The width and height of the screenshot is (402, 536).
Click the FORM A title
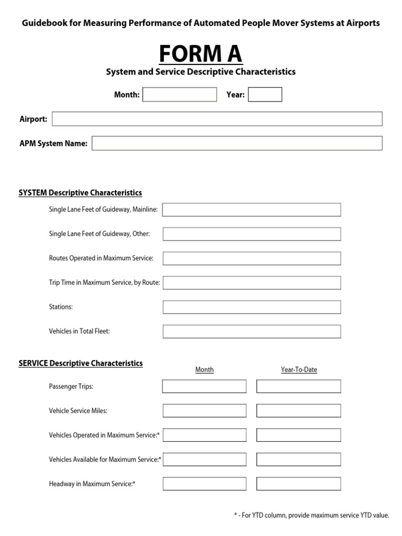(x=200, y=53)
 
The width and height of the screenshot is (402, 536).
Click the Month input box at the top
(x=180, y=95)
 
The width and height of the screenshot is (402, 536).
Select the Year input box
(x=265, y=95)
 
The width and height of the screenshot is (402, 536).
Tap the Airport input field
(x=217, y=119)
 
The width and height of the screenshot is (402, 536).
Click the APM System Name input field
(x=237, y=143)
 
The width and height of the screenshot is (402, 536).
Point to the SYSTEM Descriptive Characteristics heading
(x=80, y=193)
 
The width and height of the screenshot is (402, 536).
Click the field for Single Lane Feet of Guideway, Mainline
(x=251, y=210)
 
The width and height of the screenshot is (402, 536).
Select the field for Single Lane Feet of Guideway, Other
(x=251, y=234)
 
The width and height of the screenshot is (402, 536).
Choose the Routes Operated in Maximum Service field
(x=251, y=259)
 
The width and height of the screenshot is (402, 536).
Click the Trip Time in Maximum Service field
(x=251, y=283)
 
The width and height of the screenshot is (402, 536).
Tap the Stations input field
(x=251, y=307)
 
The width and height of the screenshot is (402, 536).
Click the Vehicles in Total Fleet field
(x=251, y=331)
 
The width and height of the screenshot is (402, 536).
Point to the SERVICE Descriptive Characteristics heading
(x=81, y=363)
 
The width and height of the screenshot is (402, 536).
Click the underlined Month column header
(x=204, y=370)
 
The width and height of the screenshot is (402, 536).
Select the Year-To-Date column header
(x=299, y=370)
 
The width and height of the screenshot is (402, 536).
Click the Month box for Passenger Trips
(x=204, y=387)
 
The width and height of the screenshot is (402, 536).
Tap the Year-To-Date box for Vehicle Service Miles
(x=298, y=411)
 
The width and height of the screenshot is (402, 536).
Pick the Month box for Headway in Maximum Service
(x=204, y=484)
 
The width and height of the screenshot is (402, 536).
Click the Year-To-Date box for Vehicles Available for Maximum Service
(x=298, y=460)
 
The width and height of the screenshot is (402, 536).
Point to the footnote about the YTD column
(x=311, y=516)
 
